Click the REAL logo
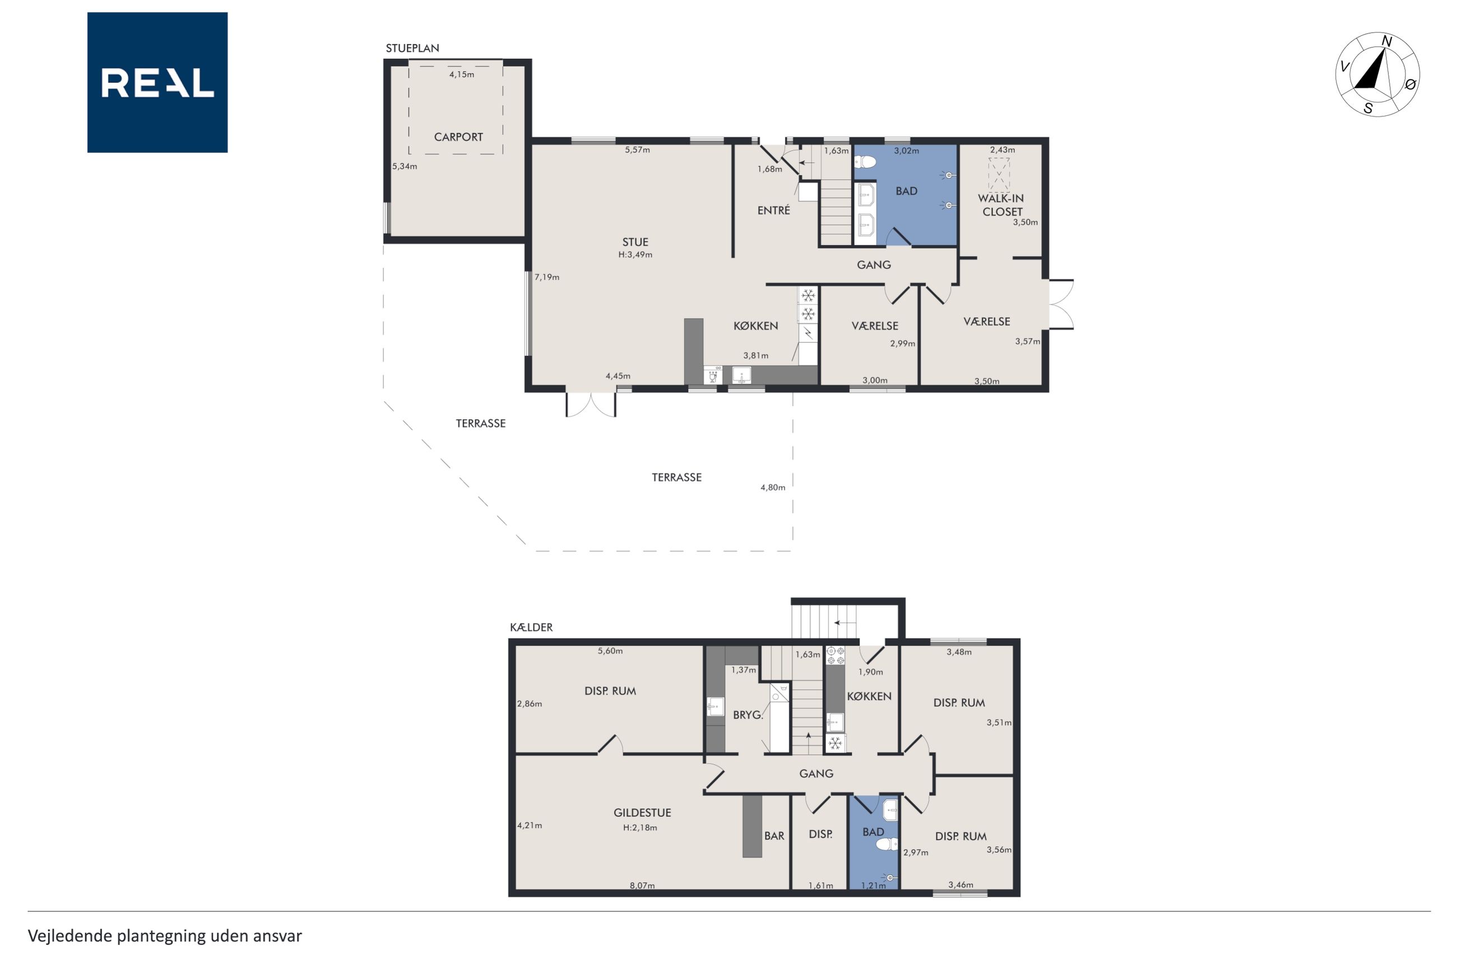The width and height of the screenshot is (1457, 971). [157, 82]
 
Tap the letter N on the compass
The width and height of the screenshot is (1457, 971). [1387, 41]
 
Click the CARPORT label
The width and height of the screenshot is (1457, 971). [458, 137]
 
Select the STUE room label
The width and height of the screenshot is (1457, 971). [635, 242]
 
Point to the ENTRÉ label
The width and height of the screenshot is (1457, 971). [773, 211]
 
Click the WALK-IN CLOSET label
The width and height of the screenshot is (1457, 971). [1001, 205]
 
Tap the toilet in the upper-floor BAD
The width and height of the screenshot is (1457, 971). [865, 162]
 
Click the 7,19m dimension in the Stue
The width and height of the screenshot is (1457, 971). [547, 277]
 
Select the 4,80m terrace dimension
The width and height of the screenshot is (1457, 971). [773, 487]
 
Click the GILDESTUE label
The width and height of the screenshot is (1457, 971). [642, 812]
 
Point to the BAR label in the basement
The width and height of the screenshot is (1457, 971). [774, 835]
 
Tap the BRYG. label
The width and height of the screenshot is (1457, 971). [748, 714]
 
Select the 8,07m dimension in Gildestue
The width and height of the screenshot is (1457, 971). [642, 885]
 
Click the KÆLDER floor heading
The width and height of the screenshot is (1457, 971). [531, 628]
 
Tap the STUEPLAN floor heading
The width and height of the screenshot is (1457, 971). [412, 48]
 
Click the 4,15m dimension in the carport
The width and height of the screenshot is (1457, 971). [462, 75]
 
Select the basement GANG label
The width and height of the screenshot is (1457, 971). [816, 773]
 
